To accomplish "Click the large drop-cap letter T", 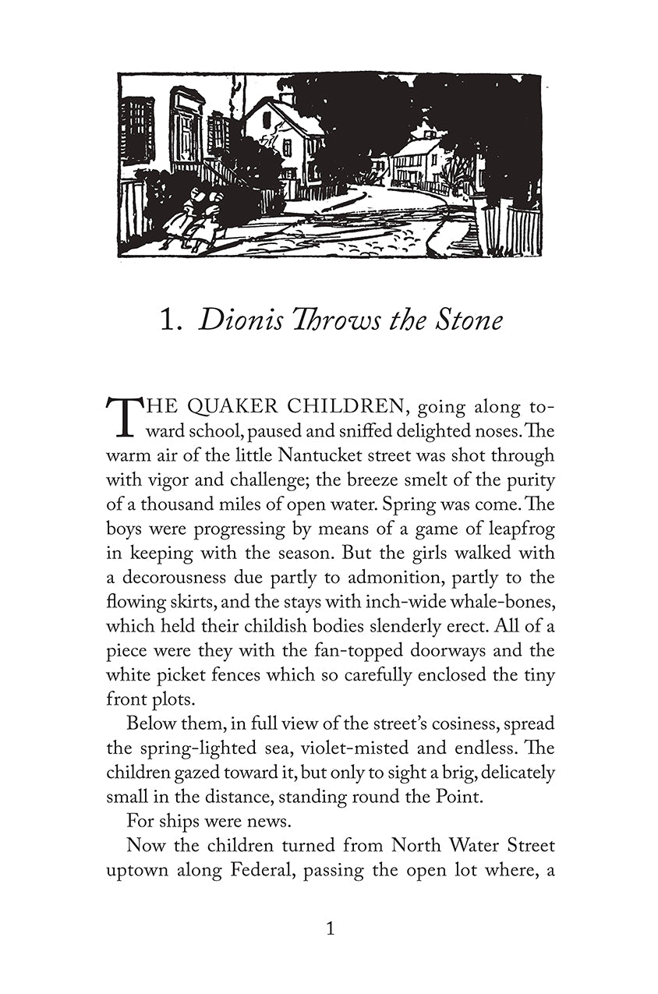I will (119, 416).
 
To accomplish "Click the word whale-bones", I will (497, 602).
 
